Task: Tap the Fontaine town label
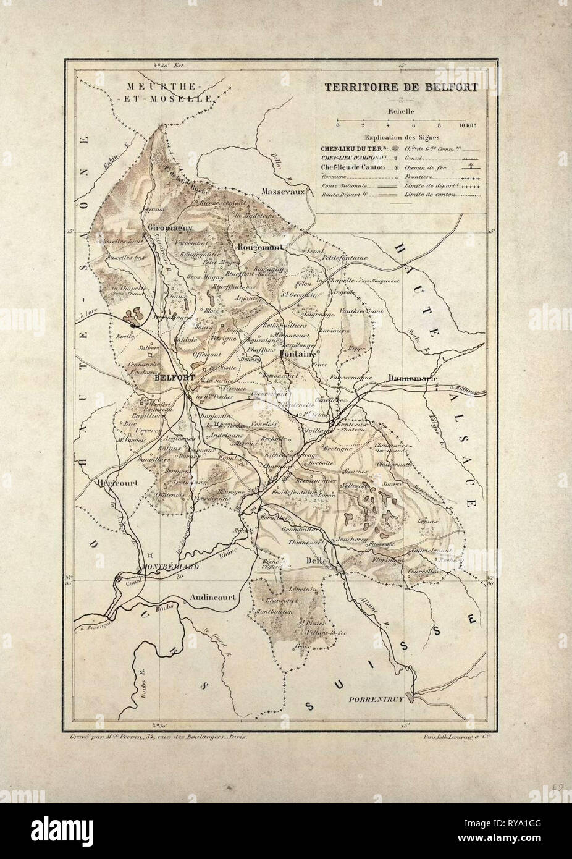click(298, 355)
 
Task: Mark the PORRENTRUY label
click(377, 701)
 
